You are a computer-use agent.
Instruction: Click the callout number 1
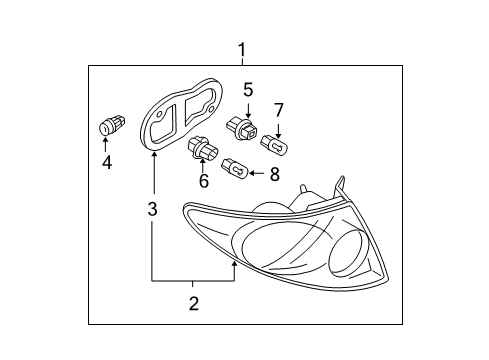pyautogui.click(x=242, y=50)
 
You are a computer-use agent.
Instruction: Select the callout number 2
pyautogui.click(x=194, y=304)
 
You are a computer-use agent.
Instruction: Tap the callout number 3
pyautogui.click(x=152, y=209)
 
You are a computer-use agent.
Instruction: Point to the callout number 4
pyautogui.click(x=107, y=163)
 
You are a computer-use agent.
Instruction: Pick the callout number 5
pyautogui.click(x=248, y=90)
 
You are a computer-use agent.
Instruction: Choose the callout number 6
pyautogui.click(x=204, y=181)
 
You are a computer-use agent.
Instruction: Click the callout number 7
pyautogui.click(x=278, y=110)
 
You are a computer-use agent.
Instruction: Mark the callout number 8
pyautogui.click(x=274, y=174)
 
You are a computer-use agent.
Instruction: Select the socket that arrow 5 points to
pyautogui.click(x=242, y=129)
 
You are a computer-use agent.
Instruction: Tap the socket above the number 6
pyautogui.click(x=203, y=149)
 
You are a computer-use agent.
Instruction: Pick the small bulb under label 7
pyautogui.click(x=273, y=145)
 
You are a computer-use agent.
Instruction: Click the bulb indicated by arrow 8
pyautogui.click(x=235, y=168)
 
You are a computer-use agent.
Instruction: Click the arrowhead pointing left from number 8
pyautogui.click(x=252, y=173)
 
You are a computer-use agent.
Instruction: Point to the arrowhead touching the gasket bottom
pyautogui.click(x=154, y=155)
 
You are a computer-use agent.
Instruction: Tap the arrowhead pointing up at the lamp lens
pyautogui.click(x=235, y=265)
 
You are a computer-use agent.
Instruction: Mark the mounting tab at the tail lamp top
pyautogui.click(x=340, y=187)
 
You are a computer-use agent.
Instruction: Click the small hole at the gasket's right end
pyautogui.click(x=211, y=109)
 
